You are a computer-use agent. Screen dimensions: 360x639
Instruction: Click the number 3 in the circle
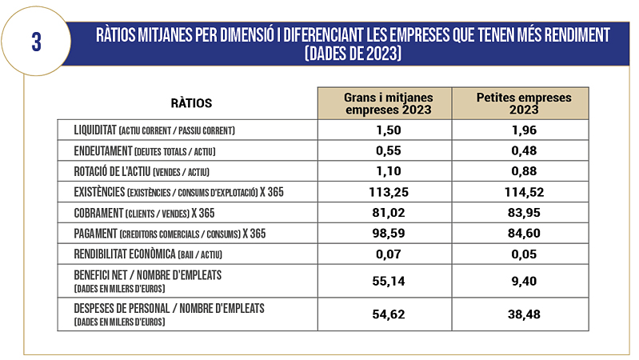(36, 42)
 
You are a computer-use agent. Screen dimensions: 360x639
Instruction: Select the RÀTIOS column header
(191, 103)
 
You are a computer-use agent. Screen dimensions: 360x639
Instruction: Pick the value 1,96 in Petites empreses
(524, 130)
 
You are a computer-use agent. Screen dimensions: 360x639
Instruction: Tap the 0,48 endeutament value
(524, 150)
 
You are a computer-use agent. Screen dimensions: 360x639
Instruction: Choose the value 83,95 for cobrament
(524, 213)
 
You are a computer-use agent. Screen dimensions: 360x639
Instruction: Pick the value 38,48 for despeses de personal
(524, 314)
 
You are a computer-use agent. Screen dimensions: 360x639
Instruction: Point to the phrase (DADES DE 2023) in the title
(353, 54)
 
